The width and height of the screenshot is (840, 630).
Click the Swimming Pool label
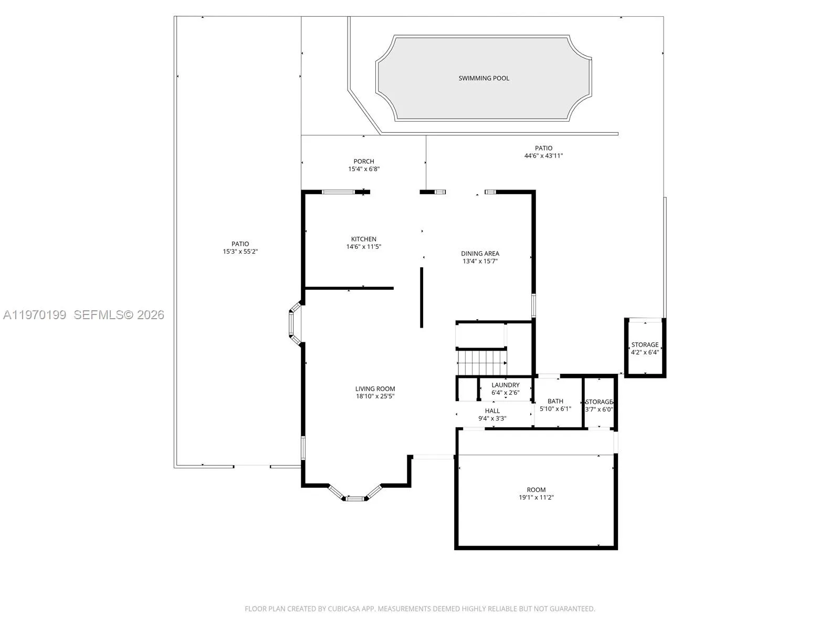coord(484,78)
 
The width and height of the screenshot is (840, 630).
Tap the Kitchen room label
coord(363,239)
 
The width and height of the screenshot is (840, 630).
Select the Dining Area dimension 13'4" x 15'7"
coord(480,261)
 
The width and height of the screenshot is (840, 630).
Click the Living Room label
coord(375,389)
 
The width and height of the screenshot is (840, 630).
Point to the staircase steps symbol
coord(482,363)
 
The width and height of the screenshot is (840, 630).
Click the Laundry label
coord(505,385)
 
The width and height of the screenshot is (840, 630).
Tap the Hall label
coord(492,411)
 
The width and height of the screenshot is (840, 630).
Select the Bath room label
coord(555,401)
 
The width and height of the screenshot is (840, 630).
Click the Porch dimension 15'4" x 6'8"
coord(363,169)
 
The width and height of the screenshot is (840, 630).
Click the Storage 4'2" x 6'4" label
coord(644,345)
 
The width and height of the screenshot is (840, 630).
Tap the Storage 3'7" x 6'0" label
coord(599,402)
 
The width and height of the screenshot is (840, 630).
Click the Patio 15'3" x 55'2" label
coord(240,244)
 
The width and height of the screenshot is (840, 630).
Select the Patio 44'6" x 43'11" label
coord(543,148)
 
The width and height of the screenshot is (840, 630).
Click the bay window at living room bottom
coord(354,498)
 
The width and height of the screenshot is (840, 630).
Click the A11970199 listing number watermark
coord(35,315)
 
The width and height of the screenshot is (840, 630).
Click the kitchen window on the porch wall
coord(338,192)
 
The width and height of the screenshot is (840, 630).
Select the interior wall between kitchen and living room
coord(349,288)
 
